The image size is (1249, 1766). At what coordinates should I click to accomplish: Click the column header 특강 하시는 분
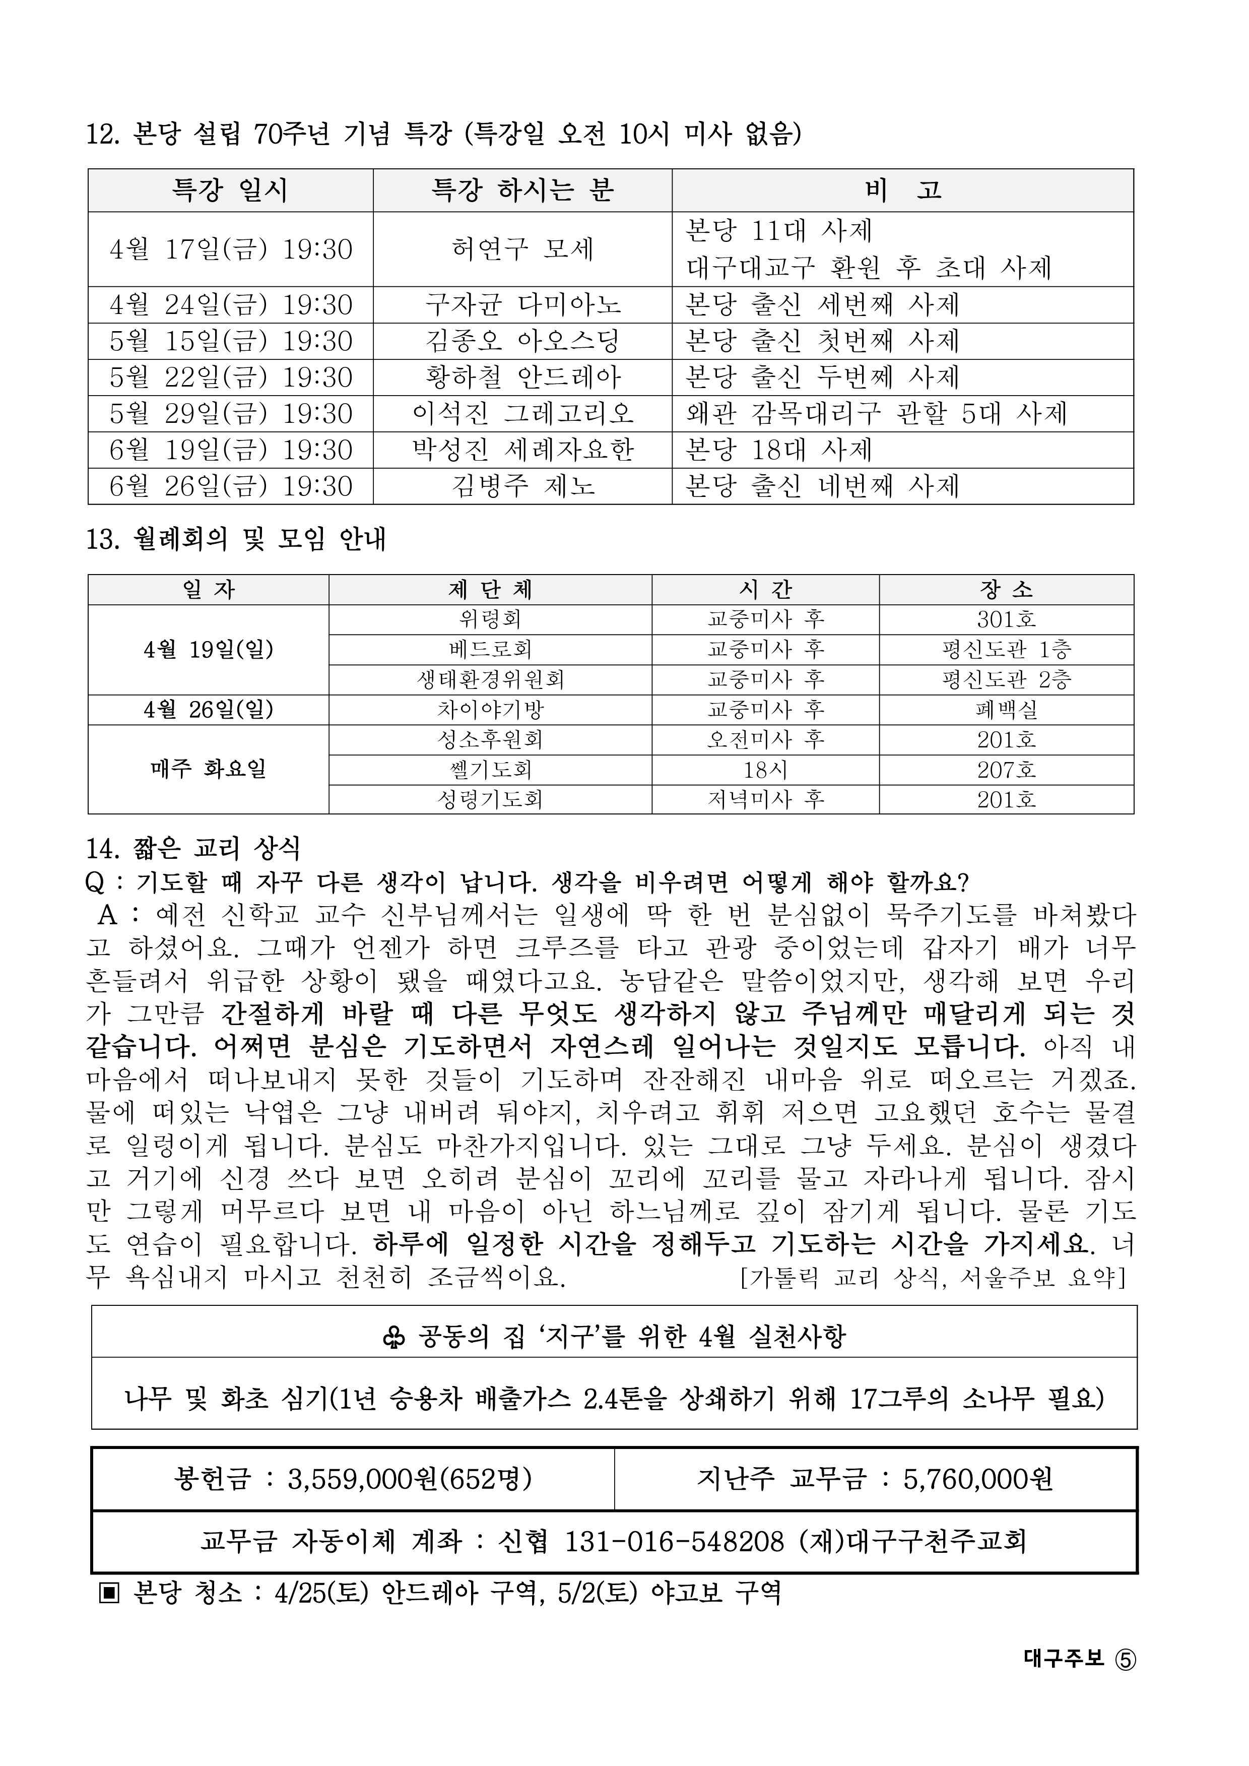coord(522,190)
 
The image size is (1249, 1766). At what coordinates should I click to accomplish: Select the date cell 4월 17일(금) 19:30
coord(231,249)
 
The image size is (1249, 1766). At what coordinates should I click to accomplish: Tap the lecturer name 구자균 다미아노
coord(522,304)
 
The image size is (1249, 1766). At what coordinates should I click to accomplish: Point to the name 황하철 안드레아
coord(522,377)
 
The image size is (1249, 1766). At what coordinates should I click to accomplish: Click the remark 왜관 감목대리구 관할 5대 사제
coord(876,414)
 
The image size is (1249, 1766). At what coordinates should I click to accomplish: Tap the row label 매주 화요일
coord(209,769)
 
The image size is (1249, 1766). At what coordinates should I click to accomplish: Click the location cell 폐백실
coord(1006,709)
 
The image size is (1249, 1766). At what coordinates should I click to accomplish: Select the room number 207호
coord(1006,769)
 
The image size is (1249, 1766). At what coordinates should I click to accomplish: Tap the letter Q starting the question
coord(95,882)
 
